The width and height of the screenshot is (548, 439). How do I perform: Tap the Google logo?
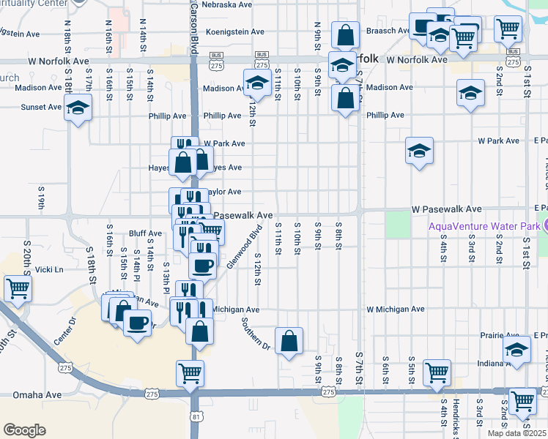24,430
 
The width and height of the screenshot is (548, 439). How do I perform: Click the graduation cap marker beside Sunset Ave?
77,108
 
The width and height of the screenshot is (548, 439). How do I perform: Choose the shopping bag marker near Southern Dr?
289,340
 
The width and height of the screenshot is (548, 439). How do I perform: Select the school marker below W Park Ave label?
418,151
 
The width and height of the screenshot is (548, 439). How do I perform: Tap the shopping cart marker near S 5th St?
437,371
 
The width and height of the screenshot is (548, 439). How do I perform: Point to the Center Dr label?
64,331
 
